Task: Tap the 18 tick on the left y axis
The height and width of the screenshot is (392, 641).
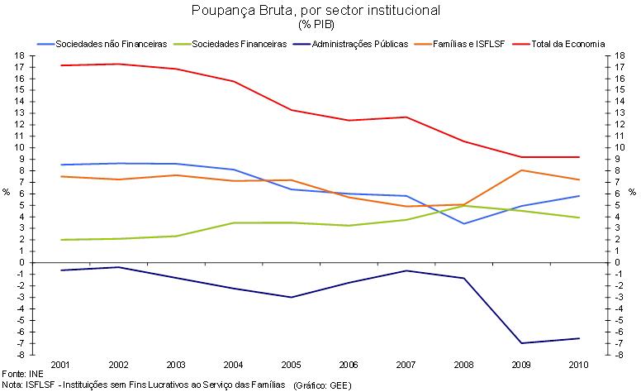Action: [x=17, y=55]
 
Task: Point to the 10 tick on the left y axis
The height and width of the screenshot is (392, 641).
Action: [x=17, y=147]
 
